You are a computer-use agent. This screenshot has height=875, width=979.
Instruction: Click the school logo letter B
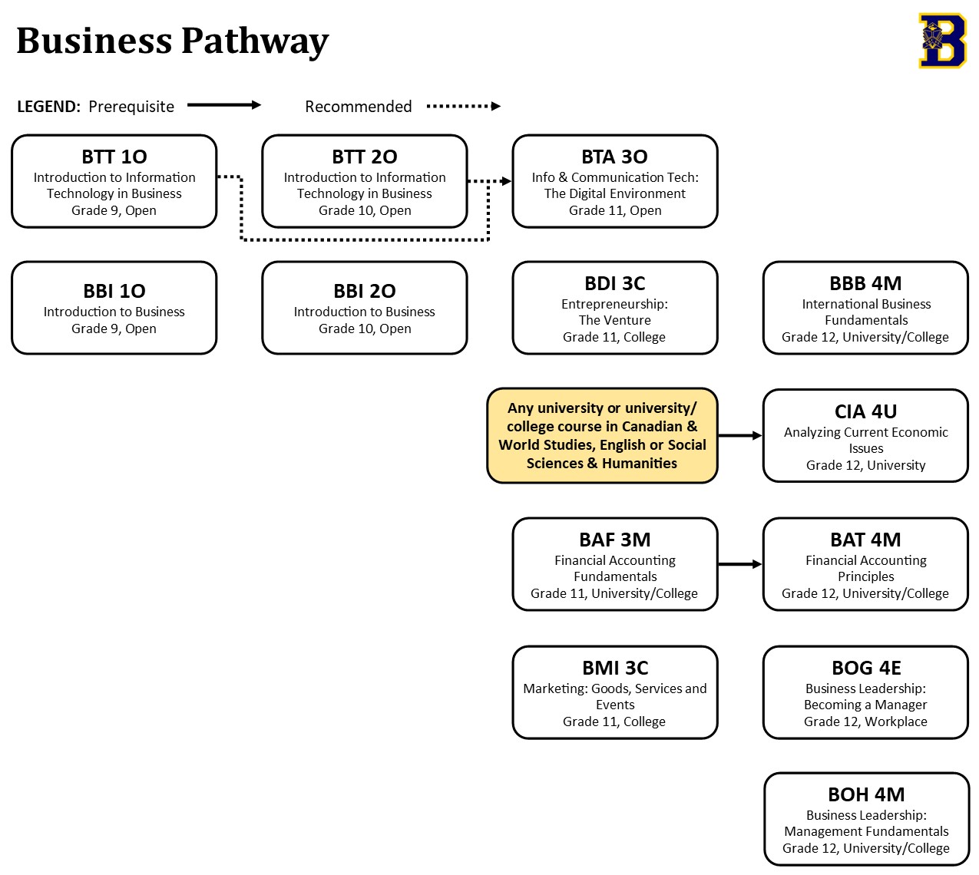[x=942, y=41]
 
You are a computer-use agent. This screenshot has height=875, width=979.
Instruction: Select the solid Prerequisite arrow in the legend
[x=224, y=105]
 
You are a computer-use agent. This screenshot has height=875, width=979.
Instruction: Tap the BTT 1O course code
[x=114, y=157]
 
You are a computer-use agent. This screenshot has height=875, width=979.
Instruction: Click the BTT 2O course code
[x=364, y=157]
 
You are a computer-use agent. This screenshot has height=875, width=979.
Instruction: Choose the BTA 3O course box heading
[x=614, y=157]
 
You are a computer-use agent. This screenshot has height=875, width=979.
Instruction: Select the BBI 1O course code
[x=114, y=291]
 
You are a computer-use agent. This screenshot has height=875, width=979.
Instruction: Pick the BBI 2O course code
[x=364, y=291]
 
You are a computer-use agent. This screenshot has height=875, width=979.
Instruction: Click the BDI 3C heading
[x=614, y=283]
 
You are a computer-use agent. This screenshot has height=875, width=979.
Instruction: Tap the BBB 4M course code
[x=865, y=283]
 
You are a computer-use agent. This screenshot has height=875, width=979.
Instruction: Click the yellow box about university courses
[x=602, y=435]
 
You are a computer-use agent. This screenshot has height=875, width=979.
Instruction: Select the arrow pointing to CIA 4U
[x=740, y=435]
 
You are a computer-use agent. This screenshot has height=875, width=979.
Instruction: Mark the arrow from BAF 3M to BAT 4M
[x=740, y=564]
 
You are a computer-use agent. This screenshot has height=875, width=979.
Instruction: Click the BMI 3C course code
[x=614, y=668]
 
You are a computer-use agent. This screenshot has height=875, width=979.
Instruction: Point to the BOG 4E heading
[x=865, y=668]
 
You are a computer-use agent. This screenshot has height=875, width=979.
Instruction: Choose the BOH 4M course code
[x=865, y=794]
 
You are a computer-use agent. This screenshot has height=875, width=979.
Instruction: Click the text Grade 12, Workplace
[x=865, y=721]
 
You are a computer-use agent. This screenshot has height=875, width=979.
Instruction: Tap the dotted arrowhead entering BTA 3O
[x=506, y=181]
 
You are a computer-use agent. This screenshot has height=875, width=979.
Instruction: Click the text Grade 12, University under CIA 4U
[x=865, y=465]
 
